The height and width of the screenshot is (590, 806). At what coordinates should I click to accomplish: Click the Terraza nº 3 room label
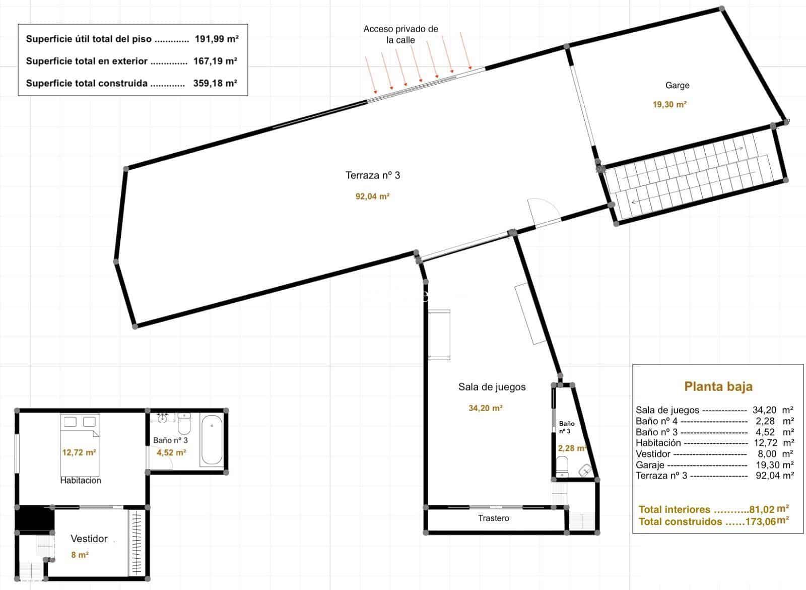click(x=373, y=175)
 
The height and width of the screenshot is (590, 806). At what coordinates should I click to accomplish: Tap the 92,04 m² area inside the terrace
click(x=372, y=196)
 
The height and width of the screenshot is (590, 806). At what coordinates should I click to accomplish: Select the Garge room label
click(x=677, y=85)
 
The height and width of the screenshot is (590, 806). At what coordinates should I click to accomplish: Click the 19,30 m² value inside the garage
click(x=669, y=105)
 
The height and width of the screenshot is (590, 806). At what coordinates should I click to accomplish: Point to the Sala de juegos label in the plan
click(x=492, y=387)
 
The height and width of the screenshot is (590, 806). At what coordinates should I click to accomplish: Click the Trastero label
click(x=493, y=518)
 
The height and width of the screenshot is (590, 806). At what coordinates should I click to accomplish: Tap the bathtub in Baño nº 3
click(x=211, y=440)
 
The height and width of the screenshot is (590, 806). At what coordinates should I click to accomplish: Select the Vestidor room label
click(x=89, y=539)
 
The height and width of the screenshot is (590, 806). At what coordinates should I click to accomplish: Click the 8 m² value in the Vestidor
click(x=80, y=555)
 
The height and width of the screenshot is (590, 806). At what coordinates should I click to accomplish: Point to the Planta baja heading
click(x=718, y=386)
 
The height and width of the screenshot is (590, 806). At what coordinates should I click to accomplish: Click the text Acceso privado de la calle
click(x=400, y=34)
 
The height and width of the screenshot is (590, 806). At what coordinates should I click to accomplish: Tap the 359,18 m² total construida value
click(x=215, y=83)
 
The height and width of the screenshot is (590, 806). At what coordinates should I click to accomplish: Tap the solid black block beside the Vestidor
click(x=34, y=518)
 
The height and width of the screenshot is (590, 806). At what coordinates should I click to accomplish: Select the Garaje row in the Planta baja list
click(x=714, y=465)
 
